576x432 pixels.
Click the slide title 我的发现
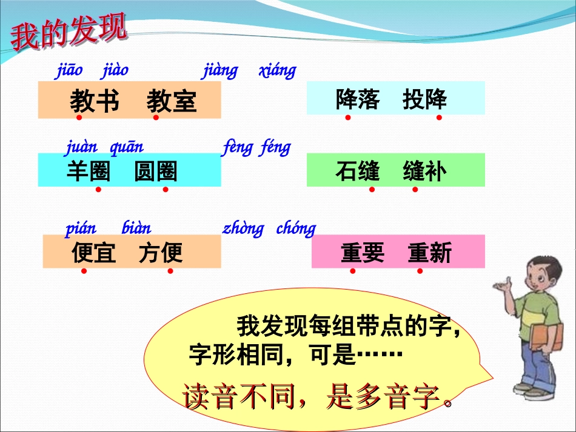coord(69,32)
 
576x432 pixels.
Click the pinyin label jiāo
coord(69,70)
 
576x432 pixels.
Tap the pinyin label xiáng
coord(277,70)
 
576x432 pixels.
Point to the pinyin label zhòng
coord(243,228)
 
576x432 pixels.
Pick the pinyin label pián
coord(81,228)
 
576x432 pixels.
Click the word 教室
coord(172,101)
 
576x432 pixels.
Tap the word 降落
coord(358,99)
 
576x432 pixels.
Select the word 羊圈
coord(89,171)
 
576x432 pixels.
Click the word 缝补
coord(424,171)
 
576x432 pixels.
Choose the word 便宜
coord(93,253)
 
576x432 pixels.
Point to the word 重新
coord(429,253)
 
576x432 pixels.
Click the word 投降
coord(424,99)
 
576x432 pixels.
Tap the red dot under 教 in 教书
coord(79,118)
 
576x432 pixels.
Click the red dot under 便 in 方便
coord(170,271)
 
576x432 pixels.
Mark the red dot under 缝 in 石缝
coord(372,190)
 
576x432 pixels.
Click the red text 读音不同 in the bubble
coord(239,396)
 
